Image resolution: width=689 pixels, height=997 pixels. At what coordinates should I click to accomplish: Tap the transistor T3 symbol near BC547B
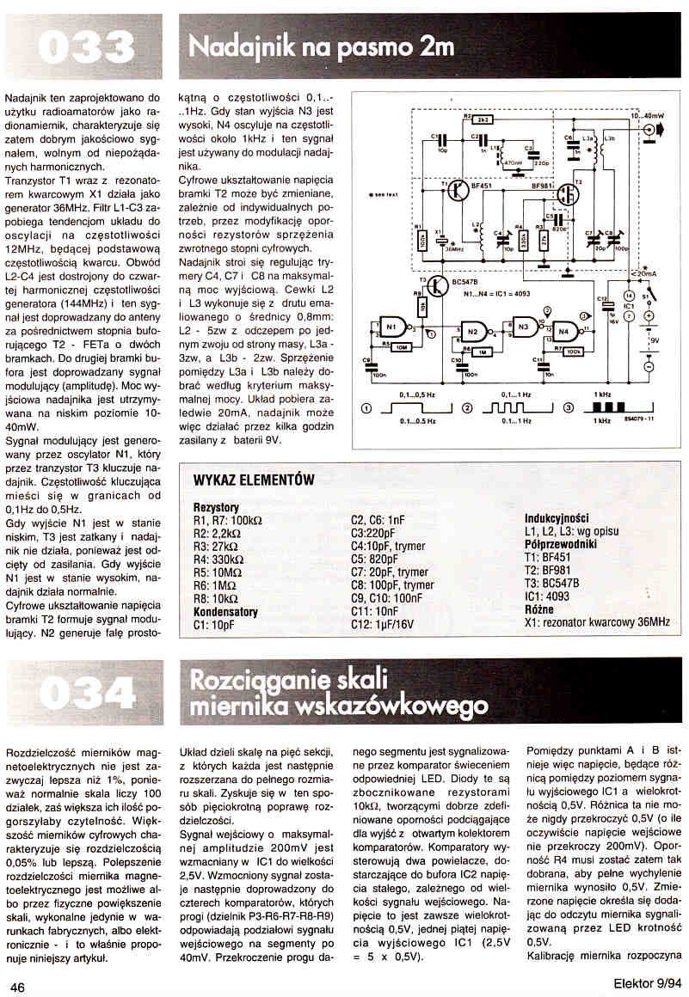[437, 287]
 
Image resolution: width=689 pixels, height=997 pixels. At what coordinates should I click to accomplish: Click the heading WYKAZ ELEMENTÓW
[254, 480]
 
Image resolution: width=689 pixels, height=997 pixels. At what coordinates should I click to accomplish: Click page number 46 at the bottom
[19, 986]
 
